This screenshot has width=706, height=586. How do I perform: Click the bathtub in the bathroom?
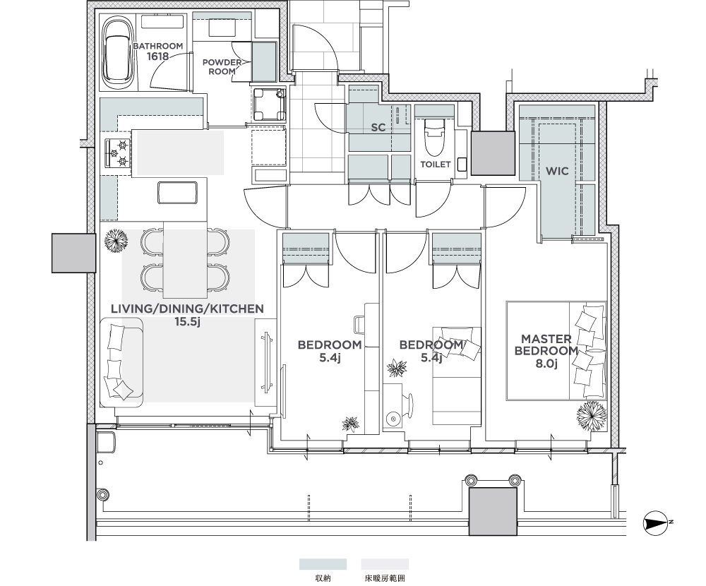(117, 54)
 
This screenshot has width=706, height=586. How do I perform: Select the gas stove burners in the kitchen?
(119, 153)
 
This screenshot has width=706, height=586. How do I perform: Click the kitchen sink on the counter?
(177, 192)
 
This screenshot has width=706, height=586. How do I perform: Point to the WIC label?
(557, 171)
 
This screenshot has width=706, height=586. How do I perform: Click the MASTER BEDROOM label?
(546, 345)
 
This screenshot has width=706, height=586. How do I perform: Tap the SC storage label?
(378, 128)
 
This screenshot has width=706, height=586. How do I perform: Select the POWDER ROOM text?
(222, 66)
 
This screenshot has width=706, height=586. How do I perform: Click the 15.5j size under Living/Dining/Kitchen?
(187, 322)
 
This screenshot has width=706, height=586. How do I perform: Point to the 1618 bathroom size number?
(157, 56)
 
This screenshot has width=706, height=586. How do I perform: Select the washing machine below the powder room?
(269, 104)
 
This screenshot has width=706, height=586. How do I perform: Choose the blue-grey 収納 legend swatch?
(323, 564)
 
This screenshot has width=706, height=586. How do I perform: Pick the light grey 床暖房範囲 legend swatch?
(385, 564)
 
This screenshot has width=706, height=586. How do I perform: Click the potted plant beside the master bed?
(591, 416)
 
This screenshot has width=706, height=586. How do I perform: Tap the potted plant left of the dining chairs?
(116, 241)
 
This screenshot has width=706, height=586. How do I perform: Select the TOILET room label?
(436, 165)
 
